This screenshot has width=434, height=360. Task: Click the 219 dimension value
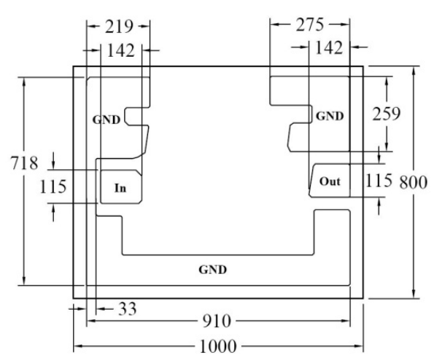[119, 27]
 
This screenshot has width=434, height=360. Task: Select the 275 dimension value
[310, 25]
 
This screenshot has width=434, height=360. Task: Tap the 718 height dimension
[24, 163]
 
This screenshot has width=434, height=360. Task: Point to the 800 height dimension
[414, 182]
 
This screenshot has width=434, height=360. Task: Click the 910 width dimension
[217, 321]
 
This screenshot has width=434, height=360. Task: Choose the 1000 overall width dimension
[218, 346]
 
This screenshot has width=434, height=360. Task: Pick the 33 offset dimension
[128, 309]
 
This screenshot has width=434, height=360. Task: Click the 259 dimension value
[386, 114]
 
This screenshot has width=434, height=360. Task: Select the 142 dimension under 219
[120, 50]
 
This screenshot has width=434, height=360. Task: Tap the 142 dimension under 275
[329, 47]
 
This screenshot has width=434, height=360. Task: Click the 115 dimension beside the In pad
[53, 186]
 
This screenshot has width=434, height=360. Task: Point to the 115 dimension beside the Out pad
[379, 181]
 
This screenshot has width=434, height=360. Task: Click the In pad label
[120, 188]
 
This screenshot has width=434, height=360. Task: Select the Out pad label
[330, 181]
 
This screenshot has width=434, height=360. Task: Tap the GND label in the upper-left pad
[106, 120]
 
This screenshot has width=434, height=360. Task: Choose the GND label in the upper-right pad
[330, 116]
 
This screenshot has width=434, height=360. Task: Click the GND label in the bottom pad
[212, 270]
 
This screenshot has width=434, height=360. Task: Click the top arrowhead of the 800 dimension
[414, 71]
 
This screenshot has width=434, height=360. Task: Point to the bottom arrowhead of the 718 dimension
[24, 281]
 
